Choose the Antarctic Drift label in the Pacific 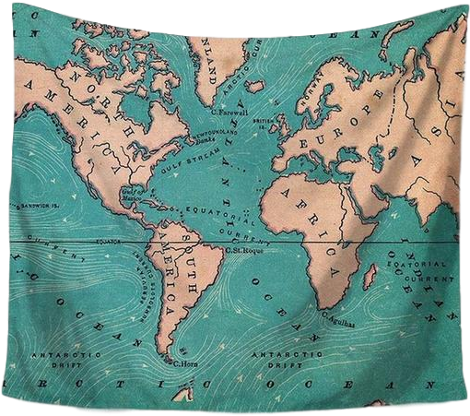(55, 358)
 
